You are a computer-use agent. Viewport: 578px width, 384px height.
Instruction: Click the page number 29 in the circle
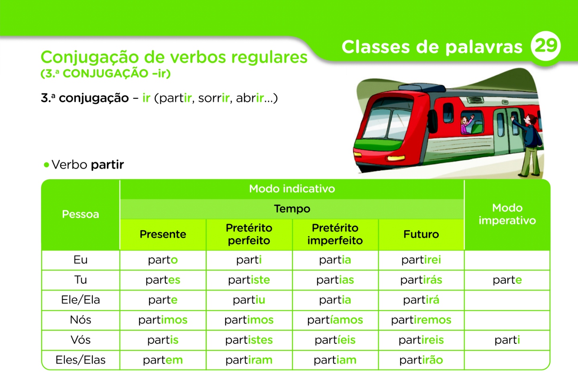(x=545, y=46)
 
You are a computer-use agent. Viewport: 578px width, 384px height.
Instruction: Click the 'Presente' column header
(x=163, y=234)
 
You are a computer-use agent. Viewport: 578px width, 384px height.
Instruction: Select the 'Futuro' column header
(x=421, y=234)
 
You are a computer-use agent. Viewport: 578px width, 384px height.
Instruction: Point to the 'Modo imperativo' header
(x=507, y=214)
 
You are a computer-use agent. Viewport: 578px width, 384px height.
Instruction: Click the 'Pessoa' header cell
(x=80, y=214)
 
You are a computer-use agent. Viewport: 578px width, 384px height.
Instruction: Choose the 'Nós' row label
(x=80, y=320)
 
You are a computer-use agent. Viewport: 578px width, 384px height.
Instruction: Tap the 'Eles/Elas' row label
(x=80, y=360)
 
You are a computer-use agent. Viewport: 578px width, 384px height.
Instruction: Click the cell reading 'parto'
(x=163, y=260)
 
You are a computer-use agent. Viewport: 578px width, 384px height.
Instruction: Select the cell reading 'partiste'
(x=249, y=280)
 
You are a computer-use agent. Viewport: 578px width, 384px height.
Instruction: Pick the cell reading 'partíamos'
(x=335, y=320)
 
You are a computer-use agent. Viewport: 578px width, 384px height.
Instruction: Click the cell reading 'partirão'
(x=421, y=360)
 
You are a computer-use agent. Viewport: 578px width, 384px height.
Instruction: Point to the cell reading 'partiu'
(x=249, y=300)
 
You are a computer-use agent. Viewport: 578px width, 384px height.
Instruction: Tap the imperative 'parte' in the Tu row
(x=507, y=280)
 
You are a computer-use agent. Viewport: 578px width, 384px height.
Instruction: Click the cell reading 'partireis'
(x=421, y=340)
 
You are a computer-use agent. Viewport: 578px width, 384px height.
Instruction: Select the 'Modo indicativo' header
(x=292, y=189)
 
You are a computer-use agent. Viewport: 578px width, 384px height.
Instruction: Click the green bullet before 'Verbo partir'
(x=47, y=165)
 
